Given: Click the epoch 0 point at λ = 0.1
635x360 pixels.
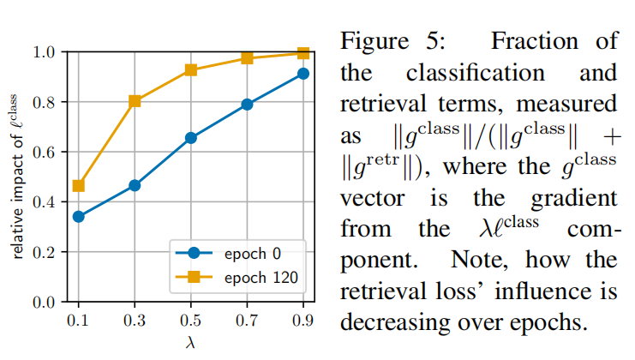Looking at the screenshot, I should [x=79, y=216].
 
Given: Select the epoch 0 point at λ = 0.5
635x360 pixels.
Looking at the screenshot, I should [x=191, y=137].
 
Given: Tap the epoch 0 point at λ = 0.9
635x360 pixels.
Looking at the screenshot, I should [x=303, y=74].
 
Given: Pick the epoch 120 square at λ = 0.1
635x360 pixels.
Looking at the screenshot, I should [x=79, y=185].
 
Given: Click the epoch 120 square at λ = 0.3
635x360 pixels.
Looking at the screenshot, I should [x=135, y=101].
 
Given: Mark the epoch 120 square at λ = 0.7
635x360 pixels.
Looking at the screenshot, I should [x=247, y=58].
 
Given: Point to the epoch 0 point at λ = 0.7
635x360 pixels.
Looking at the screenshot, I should [x=247, y=105].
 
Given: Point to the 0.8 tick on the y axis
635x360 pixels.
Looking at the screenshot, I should [x=45, y=102].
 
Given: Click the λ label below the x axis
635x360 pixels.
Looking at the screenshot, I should [x=191, y=342].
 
